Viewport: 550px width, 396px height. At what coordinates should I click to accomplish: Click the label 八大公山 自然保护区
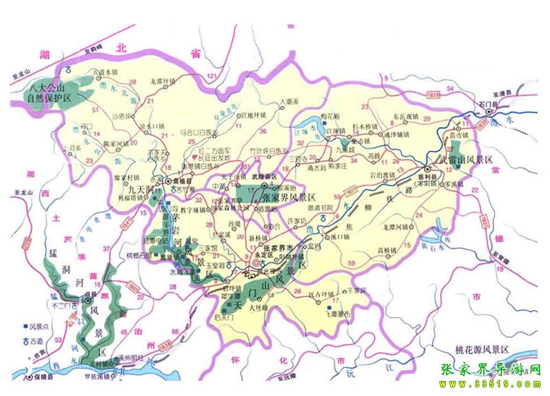[49, 93]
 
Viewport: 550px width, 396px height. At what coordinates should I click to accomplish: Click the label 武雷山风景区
[466, 160]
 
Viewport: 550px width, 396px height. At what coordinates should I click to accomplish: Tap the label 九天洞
[139, 190]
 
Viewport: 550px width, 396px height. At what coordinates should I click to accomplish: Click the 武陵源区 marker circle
[264, 186]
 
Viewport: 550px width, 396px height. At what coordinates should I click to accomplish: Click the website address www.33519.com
[490, 384]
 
